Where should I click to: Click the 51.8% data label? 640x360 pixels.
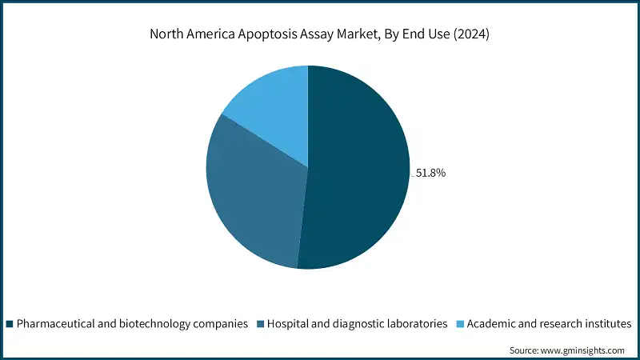[430, 172]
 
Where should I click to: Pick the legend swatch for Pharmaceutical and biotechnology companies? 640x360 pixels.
[10, 324]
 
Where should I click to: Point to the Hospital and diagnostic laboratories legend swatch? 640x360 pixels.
[260, 324]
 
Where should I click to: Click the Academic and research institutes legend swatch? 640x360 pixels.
[458, 324]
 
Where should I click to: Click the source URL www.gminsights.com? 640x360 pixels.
[584, 350]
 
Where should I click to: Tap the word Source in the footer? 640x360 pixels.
[526, 350]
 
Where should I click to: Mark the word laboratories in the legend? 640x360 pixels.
[414, 324]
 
